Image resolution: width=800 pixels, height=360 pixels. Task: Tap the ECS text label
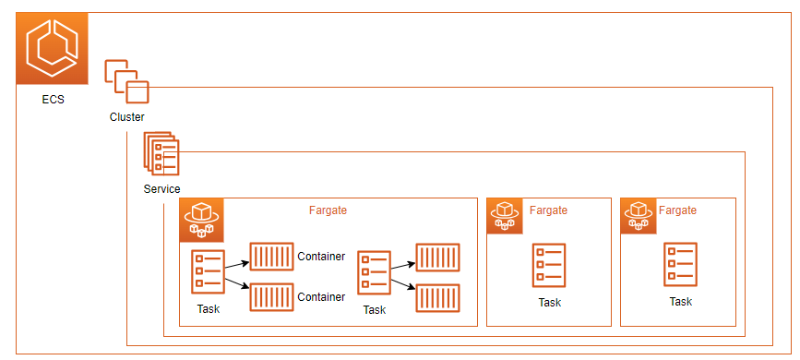point(53,100)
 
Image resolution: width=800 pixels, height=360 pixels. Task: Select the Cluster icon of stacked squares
point(126,82)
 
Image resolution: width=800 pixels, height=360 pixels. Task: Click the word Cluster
point(126,117)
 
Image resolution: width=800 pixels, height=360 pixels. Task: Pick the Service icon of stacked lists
point(161,153)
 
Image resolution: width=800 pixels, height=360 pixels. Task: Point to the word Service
point(161,189)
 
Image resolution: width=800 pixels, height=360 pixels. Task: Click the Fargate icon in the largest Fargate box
point(201,220)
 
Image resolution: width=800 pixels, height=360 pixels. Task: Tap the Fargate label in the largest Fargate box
point(328,210)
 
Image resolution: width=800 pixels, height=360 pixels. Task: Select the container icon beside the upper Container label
point(271,257)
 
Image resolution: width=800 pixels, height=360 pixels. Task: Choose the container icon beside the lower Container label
point(271,297)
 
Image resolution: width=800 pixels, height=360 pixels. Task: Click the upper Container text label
point(321,256)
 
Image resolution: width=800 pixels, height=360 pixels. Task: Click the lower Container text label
point(321,297)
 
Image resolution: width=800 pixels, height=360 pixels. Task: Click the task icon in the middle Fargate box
point(549,266)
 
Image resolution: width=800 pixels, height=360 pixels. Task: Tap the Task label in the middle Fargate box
point(549,303)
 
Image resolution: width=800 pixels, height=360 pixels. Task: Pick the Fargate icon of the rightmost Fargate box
point(639,216)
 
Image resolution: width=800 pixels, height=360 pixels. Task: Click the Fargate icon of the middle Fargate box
point(505,216)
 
